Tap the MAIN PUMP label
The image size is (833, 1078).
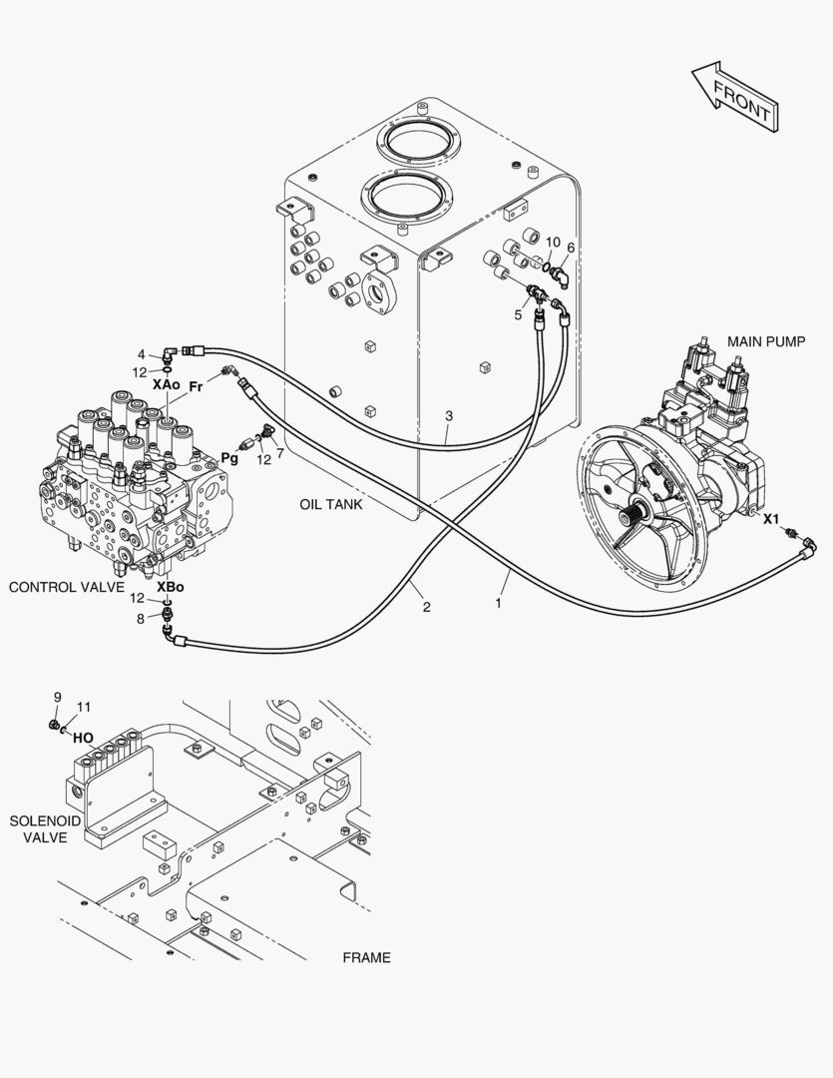pos(765,341)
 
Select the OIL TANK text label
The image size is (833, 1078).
pos(330,504)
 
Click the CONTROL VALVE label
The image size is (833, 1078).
pos(67,587)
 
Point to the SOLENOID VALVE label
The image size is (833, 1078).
pos(39,828)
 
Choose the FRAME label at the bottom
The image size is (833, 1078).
pos(366,958)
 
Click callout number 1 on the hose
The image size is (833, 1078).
pos(499,603)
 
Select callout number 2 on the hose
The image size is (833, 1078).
pos(426,607)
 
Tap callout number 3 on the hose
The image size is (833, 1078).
pos(449,415)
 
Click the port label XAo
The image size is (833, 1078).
pos(166,384)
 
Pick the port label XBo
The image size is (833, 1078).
pos(170,587)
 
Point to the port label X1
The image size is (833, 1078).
pos(771,519)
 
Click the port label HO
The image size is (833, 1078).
pos(83,738)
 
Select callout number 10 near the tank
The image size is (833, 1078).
pos(552,242)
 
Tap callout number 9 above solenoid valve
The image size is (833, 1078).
pos(57,698)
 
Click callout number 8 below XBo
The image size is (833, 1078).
pos(142,619)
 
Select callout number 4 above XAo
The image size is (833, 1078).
pos(142,352)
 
